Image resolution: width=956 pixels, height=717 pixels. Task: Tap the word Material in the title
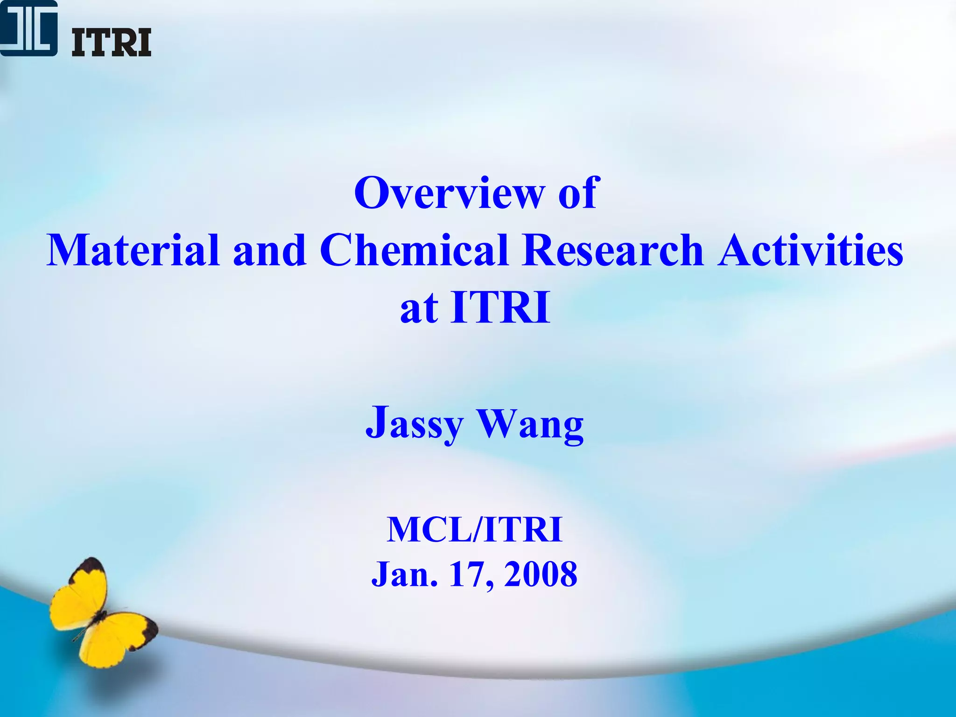(133, 251)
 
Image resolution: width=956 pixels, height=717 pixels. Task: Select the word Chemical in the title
(414, 251)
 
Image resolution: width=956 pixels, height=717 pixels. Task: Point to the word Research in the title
(613, 251)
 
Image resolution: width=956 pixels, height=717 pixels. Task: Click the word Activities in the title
(810, 251)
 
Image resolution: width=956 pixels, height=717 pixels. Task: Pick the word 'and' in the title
(269, 251)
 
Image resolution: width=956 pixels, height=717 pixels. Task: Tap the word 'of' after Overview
(577, 193)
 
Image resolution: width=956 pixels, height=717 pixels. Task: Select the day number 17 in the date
(467, 574)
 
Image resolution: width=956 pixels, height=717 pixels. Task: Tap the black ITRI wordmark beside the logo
(111, 42)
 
